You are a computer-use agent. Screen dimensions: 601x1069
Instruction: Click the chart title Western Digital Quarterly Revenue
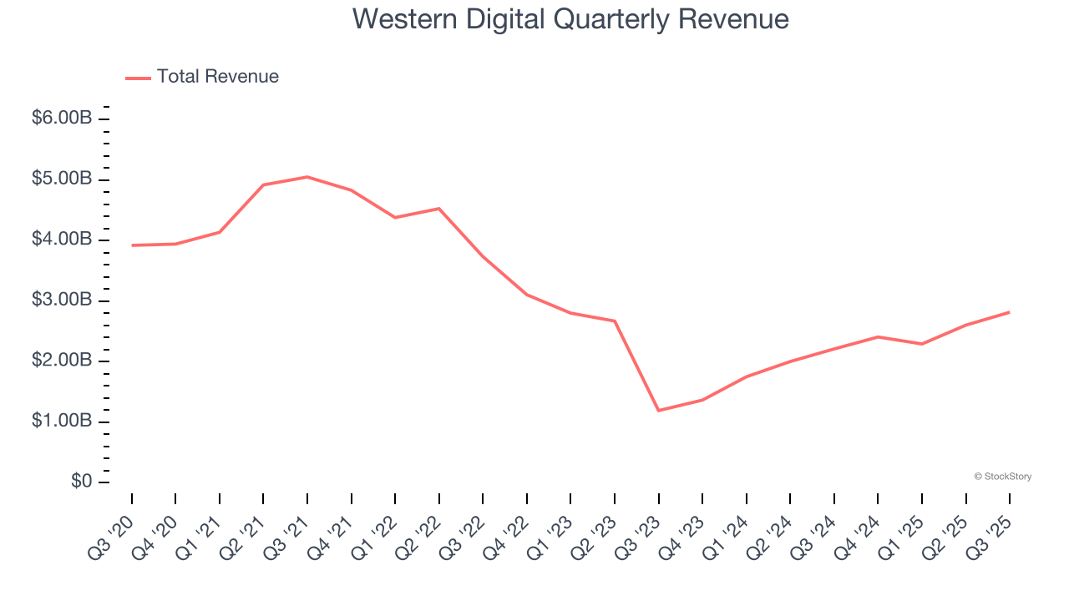(x=570, y=18)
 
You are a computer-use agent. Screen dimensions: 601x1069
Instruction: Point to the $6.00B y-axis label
(x=62, y=119)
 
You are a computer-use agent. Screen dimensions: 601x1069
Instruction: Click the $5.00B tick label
(x=62, y=179)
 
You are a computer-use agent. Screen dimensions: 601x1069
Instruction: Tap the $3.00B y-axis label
(x=62, y=300)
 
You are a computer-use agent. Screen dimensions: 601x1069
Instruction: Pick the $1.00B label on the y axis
(x=62, y=422)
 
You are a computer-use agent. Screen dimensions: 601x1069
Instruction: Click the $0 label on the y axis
(x=81, y=482)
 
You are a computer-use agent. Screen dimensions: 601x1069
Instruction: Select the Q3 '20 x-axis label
(x=110, y=536)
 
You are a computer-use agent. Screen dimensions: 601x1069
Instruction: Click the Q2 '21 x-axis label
(x=242, y=536)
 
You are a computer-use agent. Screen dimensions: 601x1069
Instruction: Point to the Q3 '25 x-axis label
(x=989, y=536)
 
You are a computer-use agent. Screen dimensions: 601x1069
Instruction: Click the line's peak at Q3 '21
(x=307, y=177)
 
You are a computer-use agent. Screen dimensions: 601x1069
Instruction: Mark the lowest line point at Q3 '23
(x=658, y=411)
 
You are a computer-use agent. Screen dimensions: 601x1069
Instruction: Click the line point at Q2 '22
(x=439, y=209)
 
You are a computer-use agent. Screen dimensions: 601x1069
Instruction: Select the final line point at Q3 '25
(x=1009, y=312)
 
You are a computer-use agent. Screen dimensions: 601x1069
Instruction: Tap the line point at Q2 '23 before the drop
(x=615, y=321)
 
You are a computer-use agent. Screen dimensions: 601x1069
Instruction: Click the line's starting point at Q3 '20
(x=132, y=245)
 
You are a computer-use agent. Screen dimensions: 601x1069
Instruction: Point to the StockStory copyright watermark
(x=1002, y=477)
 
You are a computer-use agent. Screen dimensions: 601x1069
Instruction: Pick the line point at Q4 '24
(x=878, y=336)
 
